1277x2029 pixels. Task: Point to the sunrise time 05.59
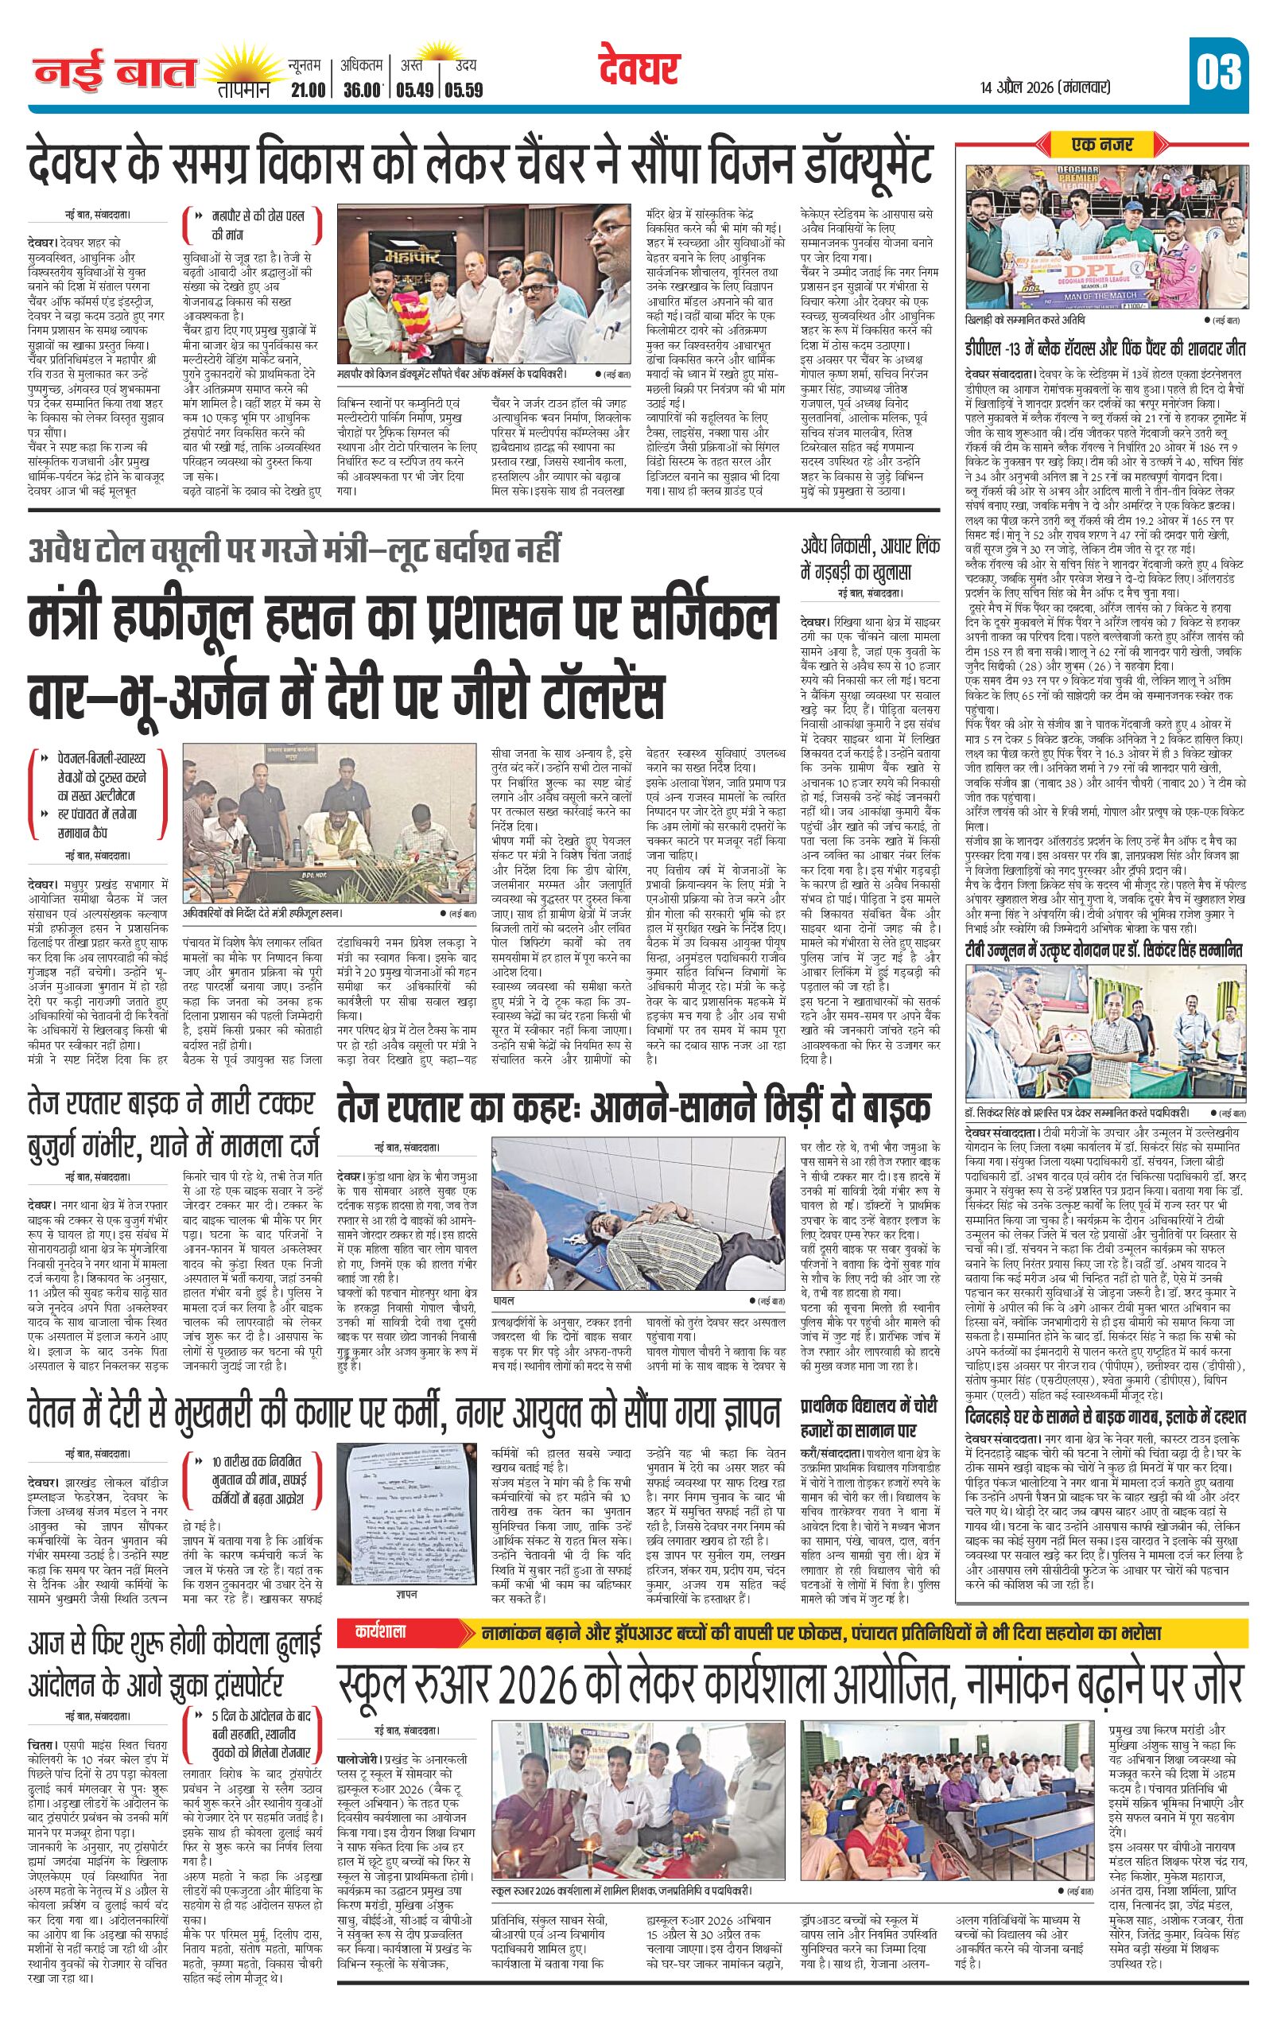click(x=464, y=89)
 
